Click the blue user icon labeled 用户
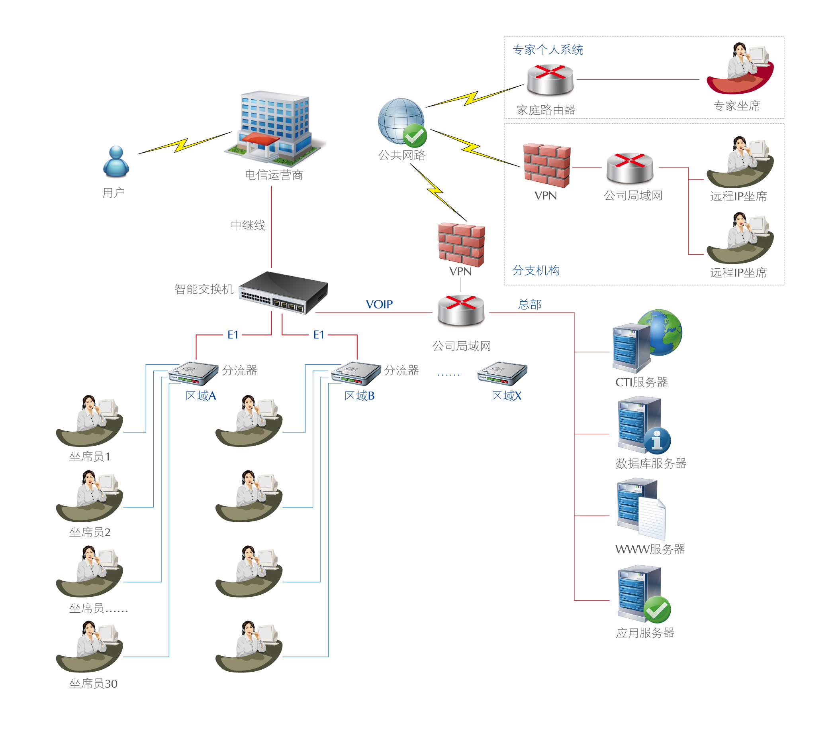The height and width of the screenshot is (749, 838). pos(116,162)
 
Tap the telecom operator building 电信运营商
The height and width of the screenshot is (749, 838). pos(275,128)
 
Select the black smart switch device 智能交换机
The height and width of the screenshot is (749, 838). pos(284,293)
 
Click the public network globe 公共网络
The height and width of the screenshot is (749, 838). pos(401,120)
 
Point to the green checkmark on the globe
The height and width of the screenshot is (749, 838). pos(415,136)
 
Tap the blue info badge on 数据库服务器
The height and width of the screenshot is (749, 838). pos(657,441)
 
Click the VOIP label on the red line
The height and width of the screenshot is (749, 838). pos(379,305)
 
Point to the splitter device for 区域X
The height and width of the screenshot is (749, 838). pos(502,373)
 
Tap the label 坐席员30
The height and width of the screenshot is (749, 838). pos(93,684)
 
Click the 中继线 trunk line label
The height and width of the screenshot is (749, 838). pos(248,226)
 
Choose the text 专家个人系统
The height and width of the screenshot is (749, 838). pos(548,50)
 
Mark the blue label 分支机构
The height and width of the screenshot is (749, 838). pos(536,271)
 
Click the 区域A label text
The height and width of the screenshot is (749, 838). pos(201,396)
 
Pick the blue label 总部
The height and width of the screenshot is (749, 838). pos(530,305)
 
